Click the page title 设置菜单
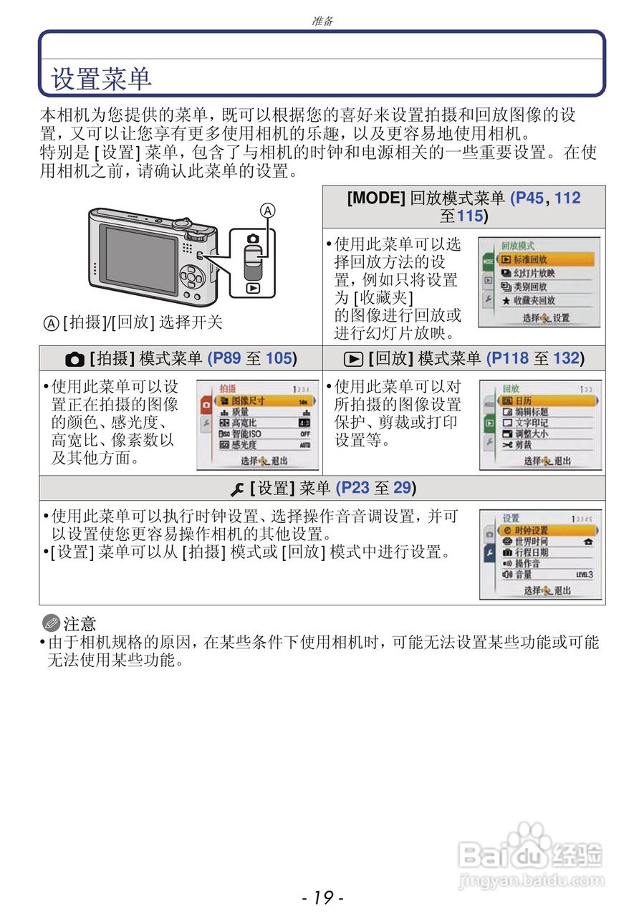(101, 79)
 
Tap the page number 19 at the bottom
(323, 897)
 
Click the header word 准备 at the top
(323, 21)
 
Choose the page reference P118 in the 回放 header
(508, 358)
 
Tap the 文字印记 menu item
(532, 423)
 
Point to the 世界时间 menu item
(532, 542)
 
